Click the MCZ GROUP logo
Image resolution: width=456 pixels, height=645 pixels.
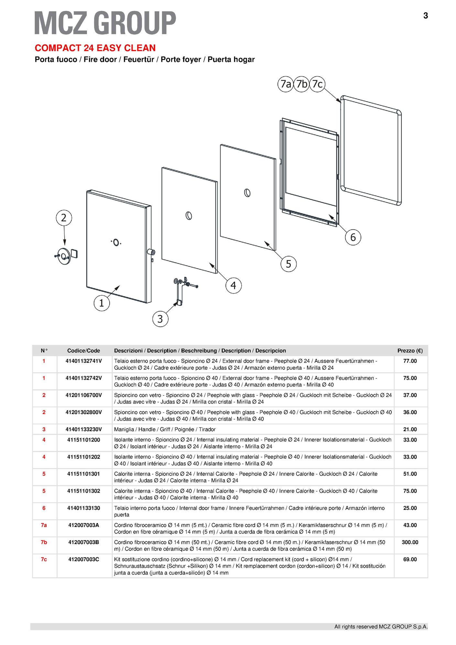coord(105,23)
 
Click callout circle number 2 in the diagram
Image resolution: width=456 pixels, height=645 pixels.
coord(64,218)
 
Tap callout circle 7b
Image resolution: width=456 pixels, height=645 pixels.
coord(301,84)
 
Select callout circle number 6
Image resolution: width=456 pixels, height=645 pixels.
coord(353,237)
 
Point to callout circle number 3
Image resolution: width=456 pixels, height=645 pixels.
coord(160,319)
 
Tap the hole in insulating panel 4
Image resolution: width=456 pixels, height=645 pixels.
coord(189,215)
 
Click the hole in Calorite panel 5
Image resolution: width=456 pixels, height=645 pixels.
coord(247,193)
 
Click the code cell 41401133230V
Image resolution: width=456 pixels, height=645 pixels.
coord(84,429)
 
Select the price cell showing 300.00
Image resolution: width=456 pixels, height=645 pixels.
coord(410,542)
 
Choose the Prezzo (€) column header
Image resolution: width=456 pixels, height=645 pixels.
coord(410,351)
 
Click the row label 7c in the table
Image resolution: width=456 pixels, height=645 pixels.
coord(44,559)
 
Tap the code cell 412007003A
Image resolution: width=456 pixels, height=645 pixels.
coord(84,525)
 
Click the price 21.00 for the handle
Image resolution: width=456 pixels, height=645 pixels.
coord(410,429)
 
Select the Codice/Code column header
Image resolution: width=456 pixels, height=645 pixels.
coord(84,351)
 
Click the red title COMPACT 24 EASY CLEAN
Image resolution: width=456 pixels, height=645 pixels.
coord(95,48)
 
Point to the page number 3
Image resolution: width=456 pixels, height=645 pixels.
coord(426,16)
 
